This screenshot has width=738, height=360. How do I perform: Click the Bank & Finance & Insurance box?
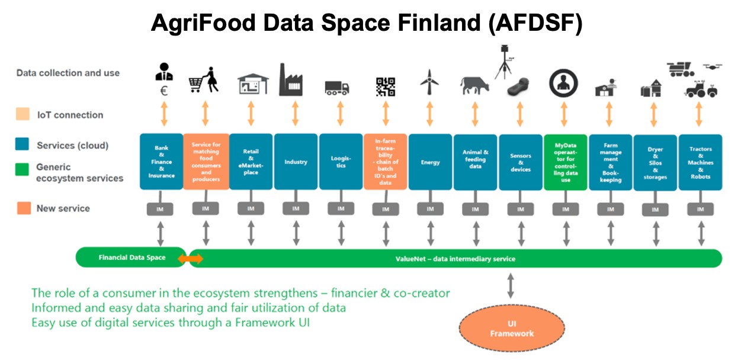tap(162, 162)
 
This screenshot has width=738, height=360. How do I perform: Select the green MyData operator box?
tap(566, 162)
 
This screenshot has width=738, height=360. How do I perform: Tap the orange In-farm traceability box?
tap(385, 162)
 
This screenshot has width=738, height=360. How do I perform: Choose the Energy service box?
tap(430, 162)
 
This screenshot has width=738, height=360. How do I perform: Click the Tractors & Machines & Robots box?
tap(701, 162)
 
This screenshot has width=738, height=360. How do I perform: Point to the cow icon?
tap(475, 86)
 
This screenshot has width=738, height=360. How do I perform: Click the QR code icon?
tap(386, 87)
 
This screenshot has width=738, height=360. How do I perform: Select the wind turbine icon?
tap(429, 82)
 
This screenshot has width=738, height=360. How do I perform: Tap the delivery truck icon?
tap(336, 88)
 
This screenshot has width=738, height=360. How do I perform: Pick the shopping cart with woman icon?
tap(204, 80)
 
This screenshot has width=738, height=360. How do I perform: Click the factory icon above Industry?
tap(291, 80)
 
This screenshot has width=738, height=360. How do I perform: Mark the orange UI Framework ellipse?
tap(512, 328)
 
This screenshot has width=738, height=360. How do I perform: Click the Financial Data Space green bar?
tap(131, 257)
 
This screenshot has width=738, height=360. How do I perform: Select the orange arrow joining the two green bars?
tap(191, 259)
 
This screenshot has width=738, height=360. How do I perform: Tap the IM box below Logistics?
tap(341, 209)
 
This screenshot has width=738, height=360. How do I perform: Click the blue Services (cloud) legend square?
tap(22, 144)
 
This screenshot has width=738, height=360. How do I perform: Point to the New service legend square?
tap(24, 208)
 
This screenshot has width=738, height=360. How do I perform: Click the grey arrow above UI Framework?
tap(511, 285)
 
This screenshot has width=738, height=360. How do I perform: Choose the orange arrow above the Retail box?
tap(251, 114)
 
